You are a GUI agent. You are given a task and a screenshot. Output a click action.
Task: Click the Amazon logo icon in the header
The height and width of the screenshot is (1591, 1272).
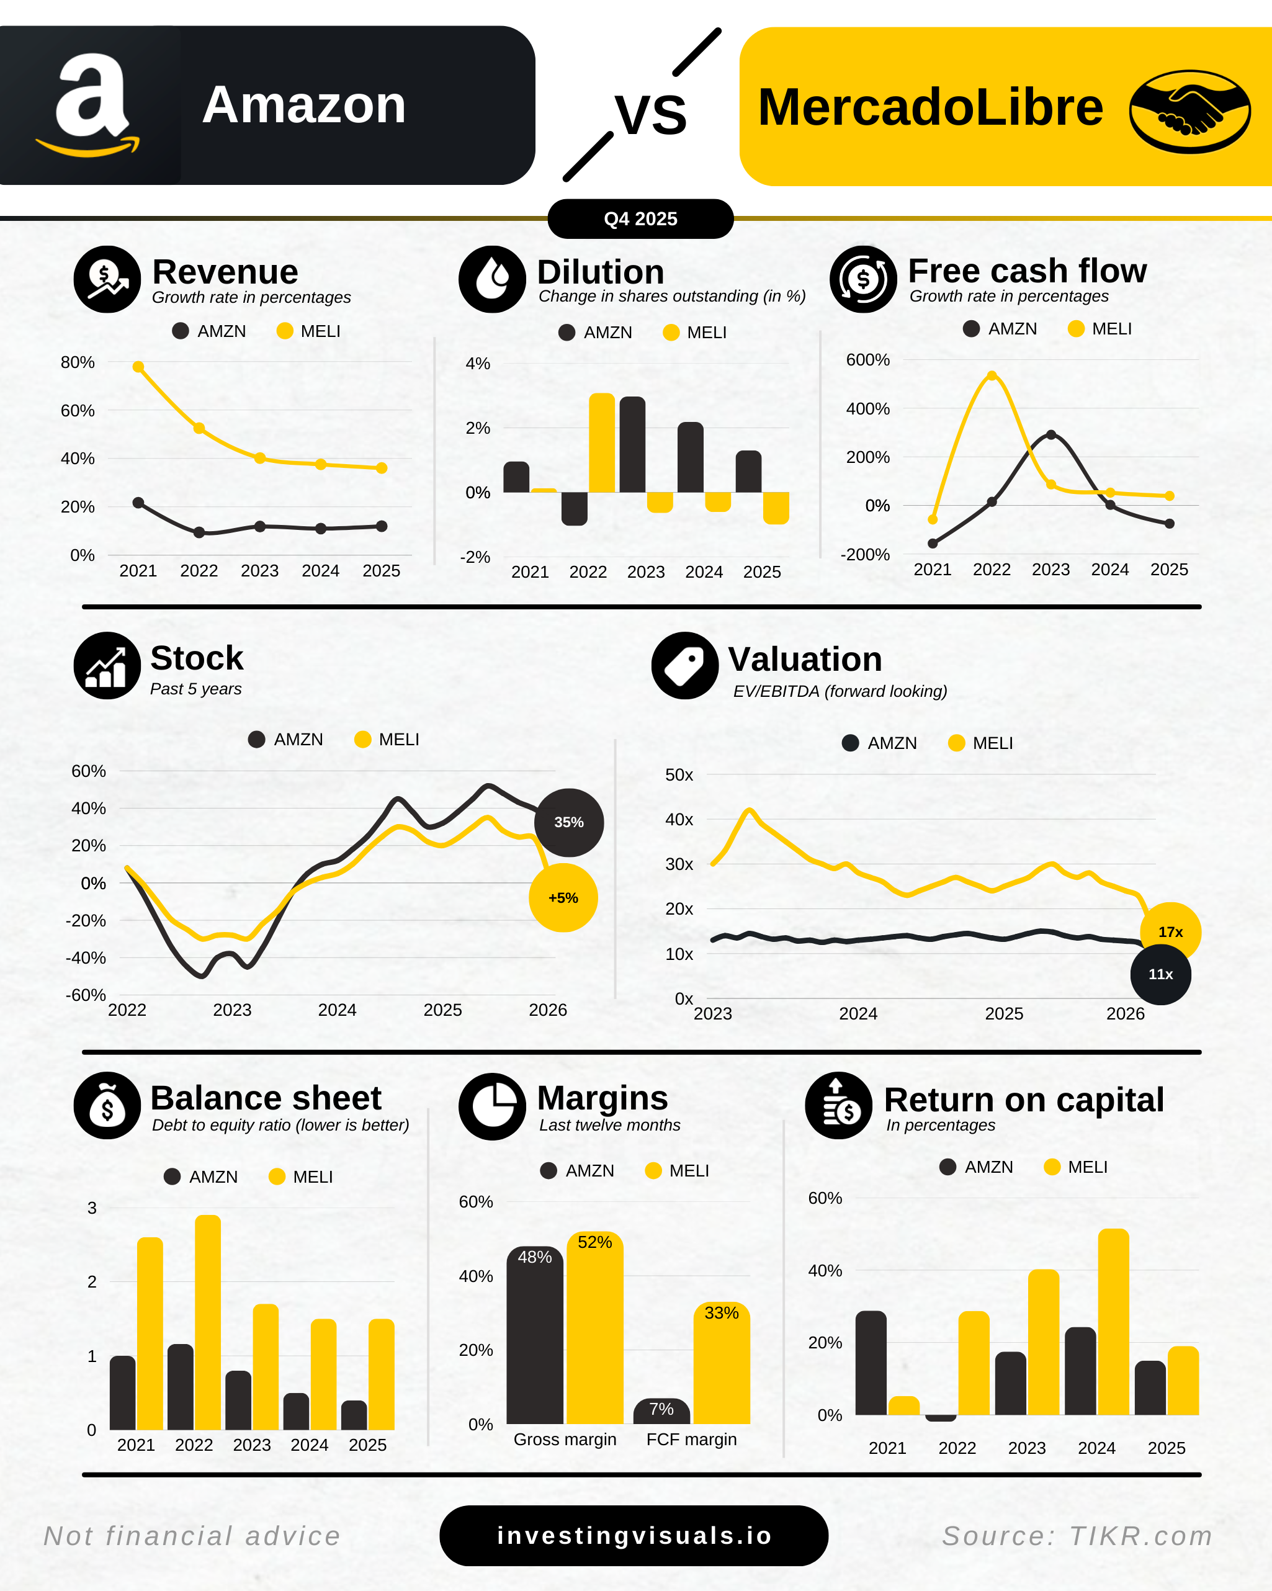90,105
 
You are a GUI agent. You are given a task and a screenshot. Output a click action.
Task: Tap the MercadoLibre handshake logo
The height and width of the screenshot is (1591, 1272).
1189,112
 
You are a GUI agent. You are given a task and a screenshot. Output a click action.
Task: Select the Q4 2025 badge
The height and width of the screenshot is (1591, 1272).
640,219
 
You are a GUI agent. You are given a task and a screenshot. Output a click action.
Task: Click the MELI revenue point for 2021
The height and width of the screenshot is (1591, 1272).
138,367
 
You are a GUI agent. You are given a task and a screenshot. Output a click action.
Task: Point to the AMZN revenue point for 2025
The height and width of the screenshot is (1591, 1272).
382,526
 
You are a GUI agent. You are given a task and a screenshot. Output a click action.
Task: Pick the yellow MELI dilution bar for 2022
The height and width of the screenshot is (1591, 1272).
602,443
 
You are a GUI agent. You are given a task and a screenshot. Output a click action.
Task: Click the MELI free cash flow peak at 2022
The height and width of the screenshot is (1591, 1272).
992,375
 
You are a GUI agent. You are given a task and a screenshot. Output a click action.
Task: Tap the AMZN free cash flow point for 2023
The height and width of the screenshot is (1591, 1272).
1050,434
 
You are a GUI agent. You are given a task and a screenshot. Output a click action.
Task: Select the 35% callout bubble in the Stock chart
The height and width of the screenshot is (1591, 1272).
569,822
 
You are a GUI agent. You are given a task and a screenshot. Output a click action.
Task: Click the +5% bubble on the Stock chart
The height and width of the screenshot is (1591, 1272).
563,898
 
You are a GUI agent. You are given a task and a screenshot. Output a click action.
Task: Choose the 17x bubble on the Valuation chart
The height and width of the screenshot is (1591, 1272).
1170,932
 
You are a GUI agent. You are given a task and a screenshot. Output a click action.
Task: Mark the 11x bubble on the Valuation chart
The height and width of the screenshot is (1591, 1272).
1160,974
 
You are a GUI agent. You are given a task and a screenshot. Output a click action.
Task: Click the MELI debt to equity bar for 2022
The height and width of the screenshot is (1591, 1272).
208,1322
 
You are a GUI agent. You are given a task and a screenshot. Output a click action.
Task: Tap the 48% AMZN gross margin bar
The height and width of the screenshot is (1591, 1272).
535,1336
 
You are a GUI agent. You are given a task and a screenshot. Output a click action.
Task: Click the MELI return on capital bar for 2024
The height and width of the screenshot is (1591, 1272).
1113,1322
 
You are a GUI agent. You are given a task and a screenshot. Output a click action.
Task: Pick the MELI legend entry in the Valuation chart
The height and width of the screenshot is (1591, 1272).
981,743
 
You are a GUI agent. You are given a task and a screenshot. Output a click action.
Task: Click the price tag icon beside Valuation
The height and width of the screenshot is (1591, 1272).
684,666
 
